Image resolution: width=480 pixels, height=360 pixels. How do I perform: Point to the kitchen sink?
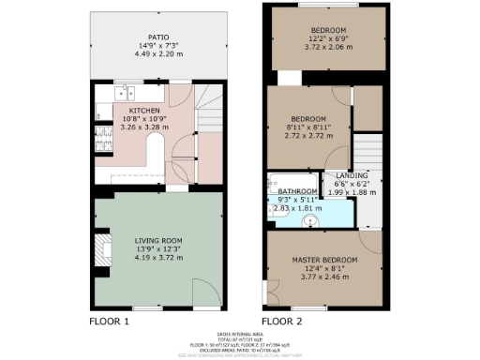tap(125, 92)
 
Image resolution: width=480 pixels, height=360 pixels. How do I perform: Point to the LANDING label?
tap(352, 175)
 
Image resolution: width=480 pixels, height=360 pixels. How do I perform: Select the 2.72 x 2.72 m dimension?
tap(308, 136)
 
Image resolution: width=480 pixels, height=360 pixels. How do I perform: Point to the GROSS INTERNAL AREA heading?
tap(240, 332)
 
